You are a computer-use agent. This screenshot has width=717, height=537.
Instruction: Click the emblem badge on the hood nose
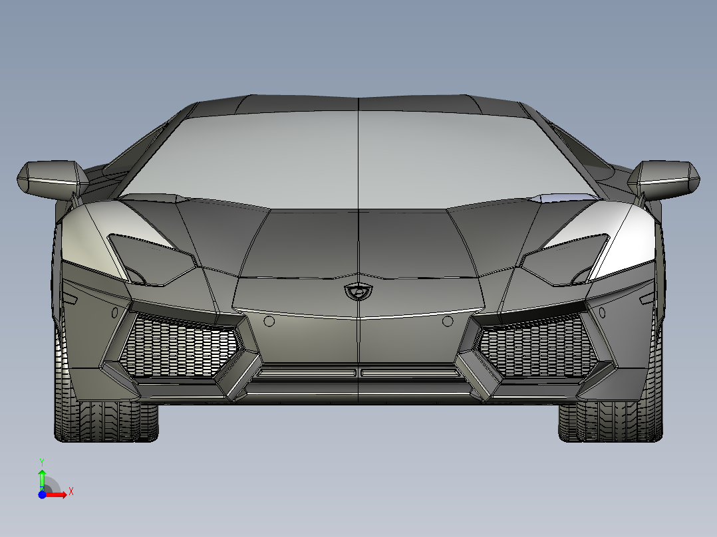358,290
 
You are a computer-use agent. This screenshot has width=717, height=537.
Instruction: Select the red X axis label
71,491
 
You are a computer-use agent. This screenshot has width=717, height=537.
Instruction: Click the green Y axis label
41,461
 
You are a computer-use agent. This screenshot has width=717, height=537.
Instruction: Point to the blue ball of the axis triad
42,494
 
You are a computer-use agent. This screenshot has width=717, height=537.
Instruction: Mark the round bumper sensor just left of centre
269,322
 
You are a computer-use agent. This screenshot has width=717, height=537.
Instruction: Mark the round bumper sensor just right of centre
448,322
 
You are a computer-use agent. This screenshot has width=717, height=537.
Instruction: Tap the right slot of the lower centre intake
410,373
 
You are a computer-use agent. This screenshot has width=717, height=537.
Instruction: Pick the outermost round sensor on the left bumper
114,311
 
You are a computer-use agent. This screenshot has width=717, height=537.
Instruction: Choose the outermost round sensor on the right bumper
603,311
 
